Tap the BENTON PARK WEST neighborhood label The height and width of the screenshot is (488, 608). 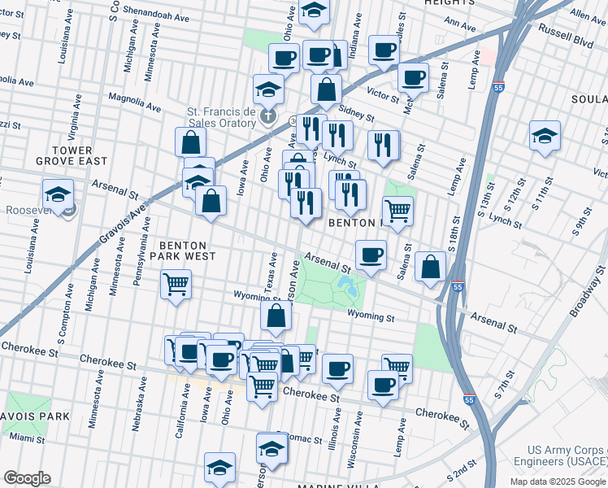188,250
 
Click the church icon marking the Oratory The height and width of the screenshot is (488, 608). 270,119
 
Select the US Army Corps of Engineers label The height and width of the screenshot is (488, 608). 567,456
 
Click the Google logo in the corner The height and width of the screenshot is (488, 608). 26,478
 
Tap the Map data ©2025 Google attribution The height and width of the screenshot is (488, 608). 557,481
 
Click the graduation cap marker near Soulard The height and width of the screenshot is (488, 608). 545,135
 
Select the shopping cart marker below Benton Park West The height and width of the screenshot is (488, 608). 176,285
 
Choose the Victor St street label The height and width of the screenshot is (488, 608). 383,93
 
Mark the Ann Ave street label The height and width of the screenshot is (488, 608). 461,26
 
